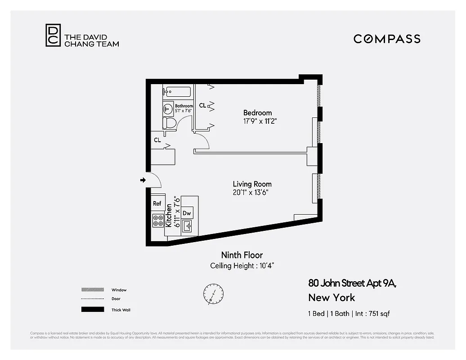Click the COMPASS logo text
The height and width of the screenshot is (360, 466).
point(387,39)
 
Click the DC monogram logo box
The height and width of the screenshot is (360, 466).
point(52,35)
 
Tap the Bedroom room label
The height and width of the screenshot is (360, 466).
point(257,112)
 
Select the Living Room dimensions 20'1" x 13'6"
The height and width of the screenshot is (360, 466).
point(252,193)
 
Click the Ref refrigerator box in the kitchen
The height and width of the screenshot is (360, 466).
point(157,203)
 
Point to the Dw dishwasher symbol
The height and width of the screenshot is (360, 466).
point(187,213)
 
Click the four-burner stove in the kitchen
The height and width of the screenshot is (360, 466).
point(158,220)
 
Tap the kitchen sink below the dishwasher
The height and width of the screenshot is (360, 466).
point(187,226)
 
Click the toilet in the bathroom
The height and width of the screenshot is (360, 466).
point(170,122)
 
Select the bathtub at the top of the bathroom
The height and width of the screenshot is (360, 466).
point(177,91)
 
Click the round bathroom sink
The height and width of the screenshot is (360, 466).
point(168,108)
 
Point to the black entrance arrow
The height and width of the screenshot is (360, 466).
point(143,180)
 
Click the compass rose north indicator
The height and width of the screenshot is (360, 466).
point(212,293)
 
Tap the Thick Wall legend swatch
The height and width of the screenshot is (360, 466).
point(92,310)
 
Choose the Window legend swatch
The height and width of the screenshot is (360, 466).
point(92,290)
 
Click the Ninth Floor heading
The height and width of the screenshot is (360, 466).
point(242,255)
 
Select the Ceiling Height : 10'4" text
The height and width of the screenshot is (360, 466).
point(242,265)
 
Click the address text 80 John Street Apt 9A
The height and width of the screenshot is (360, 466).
point(353,283)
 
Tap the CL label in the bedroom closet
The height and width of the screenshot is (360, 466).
point(202,105)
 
